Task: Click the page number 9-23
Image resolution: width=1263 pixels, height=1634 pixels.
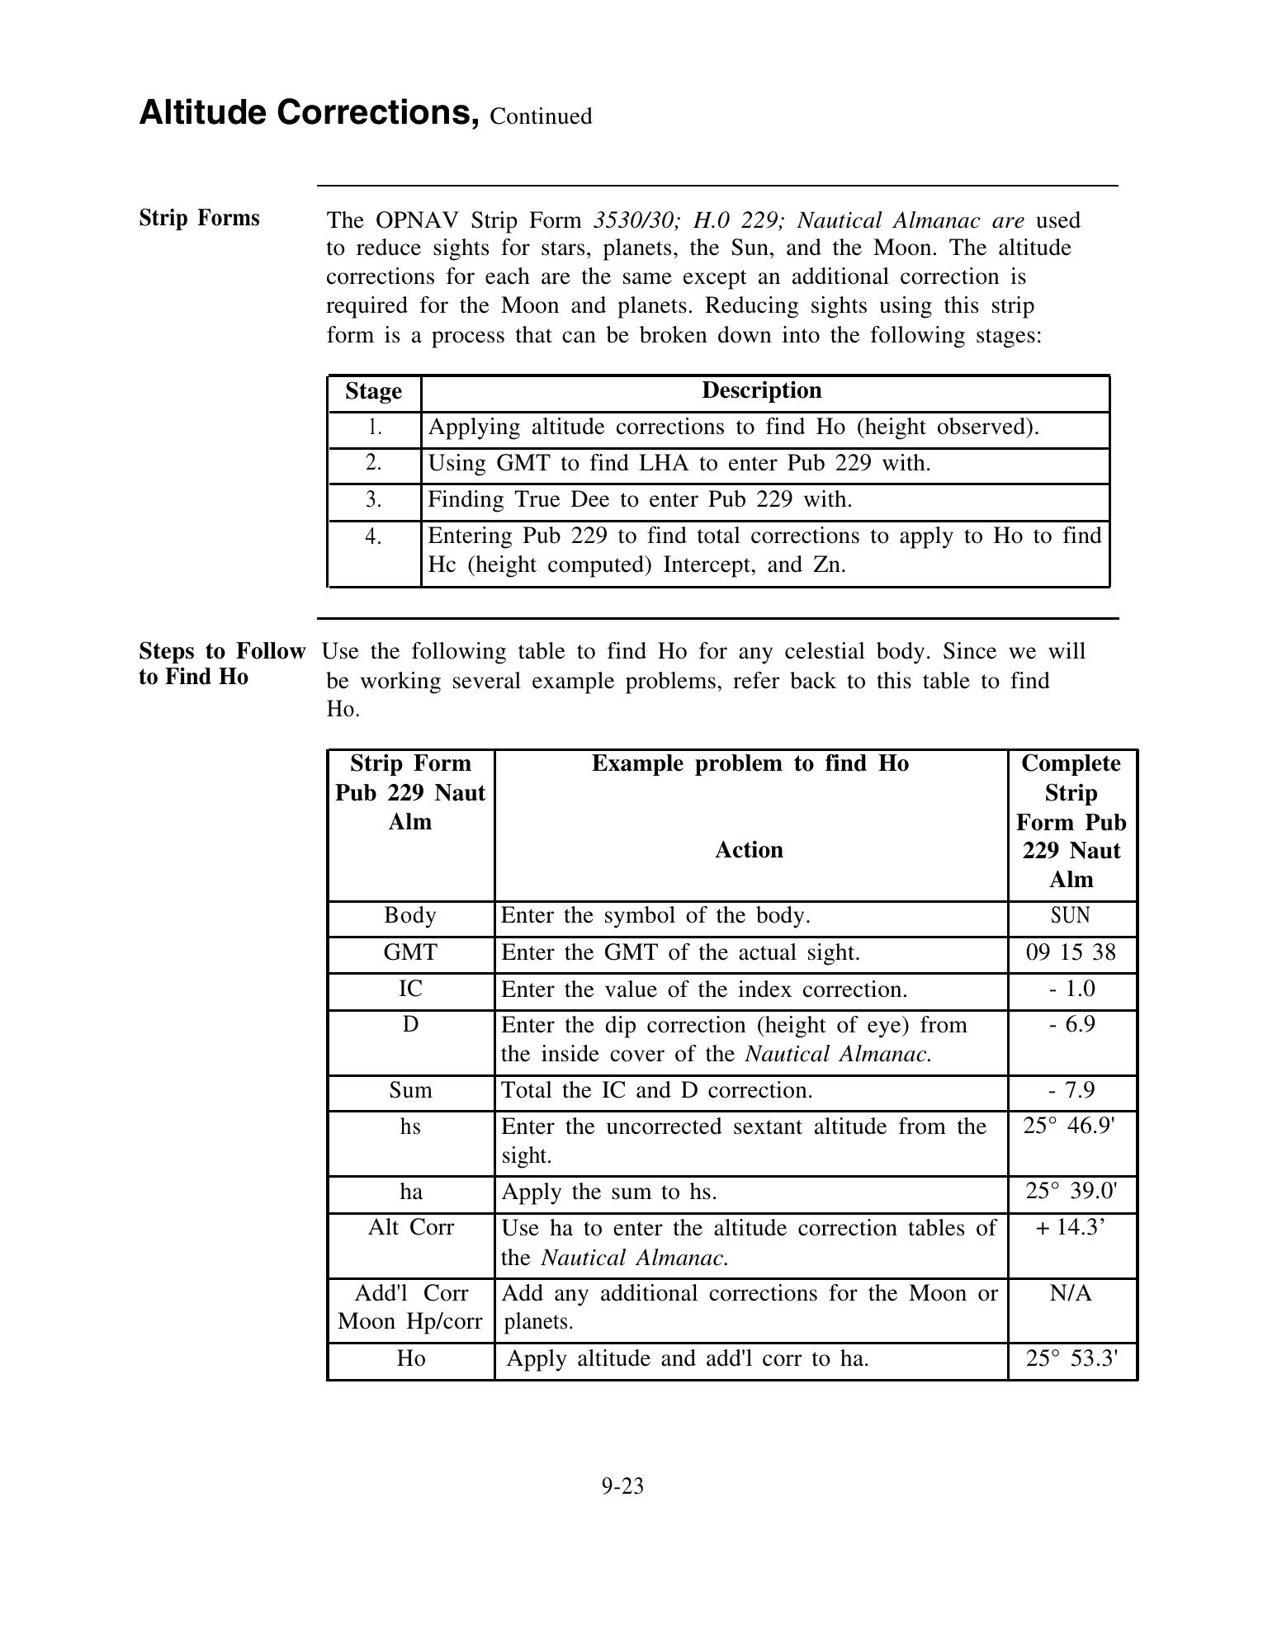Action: (622, 1486)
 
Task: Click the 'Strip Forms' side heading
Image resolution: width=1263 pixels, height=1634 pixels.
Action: (199, 218)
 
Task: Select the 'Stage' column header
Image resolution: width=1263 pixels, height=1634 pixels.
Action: (373, 391)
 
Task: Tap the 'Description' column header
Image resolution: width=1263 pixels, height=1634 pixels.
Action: (761, 390)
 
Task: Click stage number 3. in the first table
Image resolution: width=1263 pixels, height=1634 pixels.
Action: (374, 499)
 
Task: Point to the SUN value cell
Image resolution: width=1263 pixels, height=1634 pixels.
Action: (1070, 915)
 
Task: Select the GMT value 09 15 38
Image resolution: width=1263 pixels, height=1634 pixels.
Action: (1070, 952)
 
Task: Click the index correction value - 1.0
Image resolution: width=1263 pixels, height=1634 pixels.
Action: (1071, 989)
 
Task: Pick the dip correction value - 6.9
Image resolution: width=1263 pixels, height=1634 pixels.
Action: (1071, 1025)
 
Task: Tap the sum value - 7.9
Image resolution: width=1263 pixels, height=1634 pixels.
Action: (1071, 1090)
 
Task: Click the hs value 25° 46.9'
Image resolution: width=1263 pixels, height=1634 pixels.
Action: (1070, 1126)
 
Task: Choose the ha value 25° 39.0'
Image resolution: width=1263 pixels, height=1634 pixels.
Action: (1070, 1192)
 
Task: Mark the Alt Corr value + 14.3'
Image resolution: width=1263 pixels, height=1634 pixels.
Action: (1070, 1227)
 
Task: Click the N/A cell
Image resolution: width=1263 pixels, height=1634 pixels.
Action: (1071, 1293)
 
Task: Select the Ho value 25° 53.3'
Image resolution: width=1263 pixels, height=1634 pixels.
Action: (1071, 1358)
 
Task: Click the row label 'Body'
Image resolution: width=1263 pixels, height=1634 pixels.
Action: (410, 915)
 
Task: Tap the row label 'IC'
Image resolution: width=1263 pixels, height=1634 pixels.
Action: (410, 989)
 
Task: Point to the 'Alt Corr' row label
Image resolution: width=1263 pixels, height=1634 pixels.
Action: (410, 1227)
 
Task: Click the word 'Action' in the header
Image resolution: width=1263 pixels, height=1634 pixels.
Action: (749, 850)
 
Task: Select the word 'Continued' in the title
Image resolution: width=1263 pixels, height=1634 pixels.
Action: (541, 116)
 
